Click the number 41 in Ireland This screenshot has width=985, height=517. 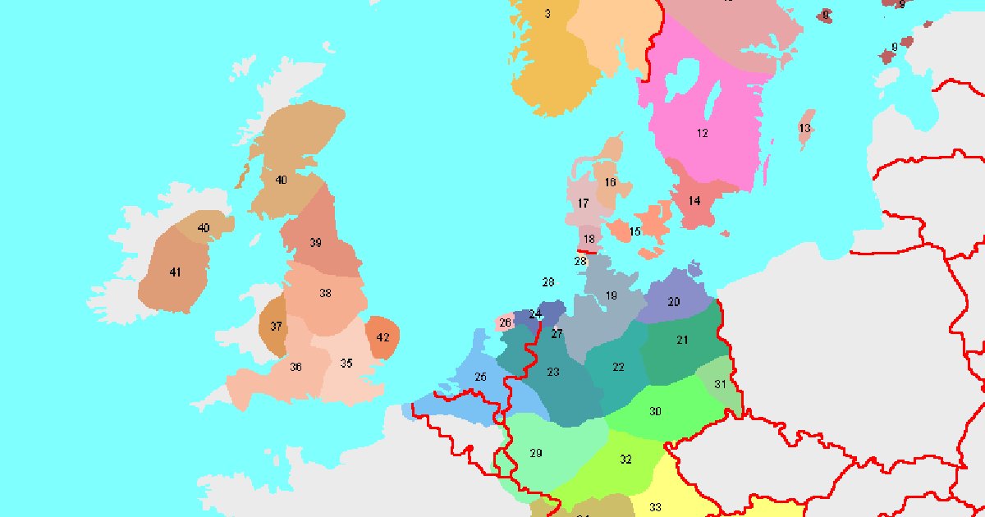(x=175, y=272)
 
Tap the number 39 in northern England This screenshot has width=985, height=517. (x=315, y=243)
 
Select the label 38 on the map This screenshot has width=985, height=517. (x=325, y=294)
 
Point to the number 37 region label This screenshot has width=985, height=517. (x=276, y=326)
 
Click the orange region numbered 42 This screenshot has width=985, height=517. (x=383, y=337)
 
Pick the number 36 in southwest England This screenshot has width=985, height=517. (x=295, y=367)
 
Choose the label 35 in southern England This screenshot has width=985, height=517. (x=346, y=364)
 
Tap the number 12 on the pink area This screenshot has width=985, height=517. (x=703, y=133)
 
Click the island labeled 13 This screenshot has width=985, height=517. (x=804, y=129)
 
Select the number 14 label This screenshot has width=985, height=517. (x=694, y=201)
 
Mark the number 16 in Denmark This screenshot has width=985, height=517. (x=610, y=182)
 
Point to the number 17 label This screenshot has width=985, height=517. (x=583, y=204)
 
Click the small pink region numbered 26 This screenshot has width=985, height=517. (x=506, y=323)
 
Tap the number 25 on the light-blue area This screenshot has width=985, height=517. (x=481, y=377)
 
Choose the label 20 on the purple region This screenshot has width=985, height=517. (x=674, y=302)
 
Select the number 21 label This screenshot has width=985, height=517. (x=682, y=340)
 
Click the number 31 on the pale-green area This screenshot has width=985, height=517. (x=720, y=384)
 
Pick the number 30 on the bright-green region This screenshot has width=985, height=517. (x=655, y=411)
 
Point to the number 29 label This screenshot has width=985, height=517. (x=536, y=453)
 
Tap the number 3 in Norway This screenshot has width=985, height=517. (x=547, y=14)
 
